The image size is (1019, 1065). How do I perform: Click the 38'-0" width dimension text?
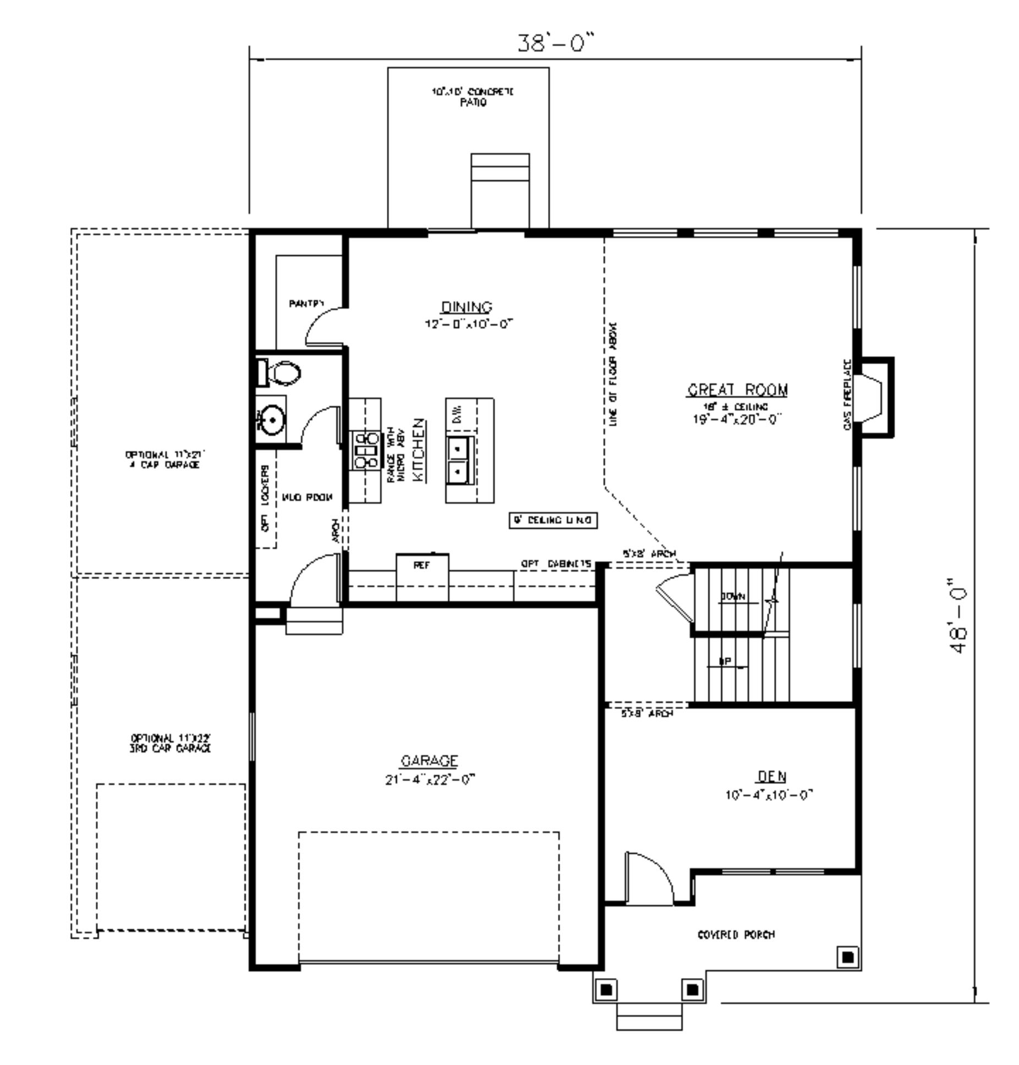(556, 43)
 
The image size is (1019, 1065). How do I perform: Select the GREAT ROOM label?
(737, 389)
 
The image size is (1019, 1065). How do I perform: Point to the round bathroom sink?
(271, 421)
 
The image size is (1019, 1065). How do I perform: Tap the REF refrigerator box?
(422, 566)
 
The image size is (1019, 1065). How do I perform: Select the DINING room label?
(467, 307)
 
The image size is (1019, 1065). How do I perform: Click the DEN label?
(771, 776)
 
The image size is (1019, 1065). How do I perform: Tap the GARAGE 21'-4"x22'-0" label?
(429, 769)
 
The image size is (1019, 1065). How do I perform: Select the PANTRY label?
(306, 303)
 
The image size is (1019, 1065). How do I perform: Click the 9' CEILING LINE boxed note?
(552, 520)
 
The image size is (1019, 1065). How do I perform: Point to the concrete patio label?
(472, 97)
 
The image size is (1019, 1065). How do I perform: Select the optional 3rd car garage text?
(171, 743)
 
